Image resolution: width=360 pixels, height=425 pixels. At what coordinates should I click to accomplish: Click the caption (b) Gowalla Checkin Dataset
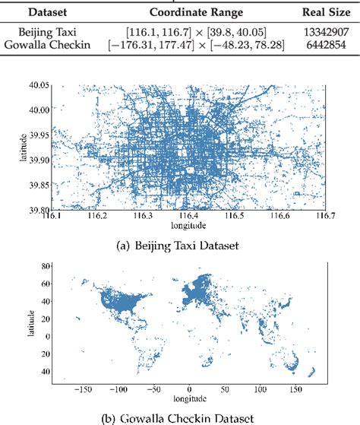click(180, 417)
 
